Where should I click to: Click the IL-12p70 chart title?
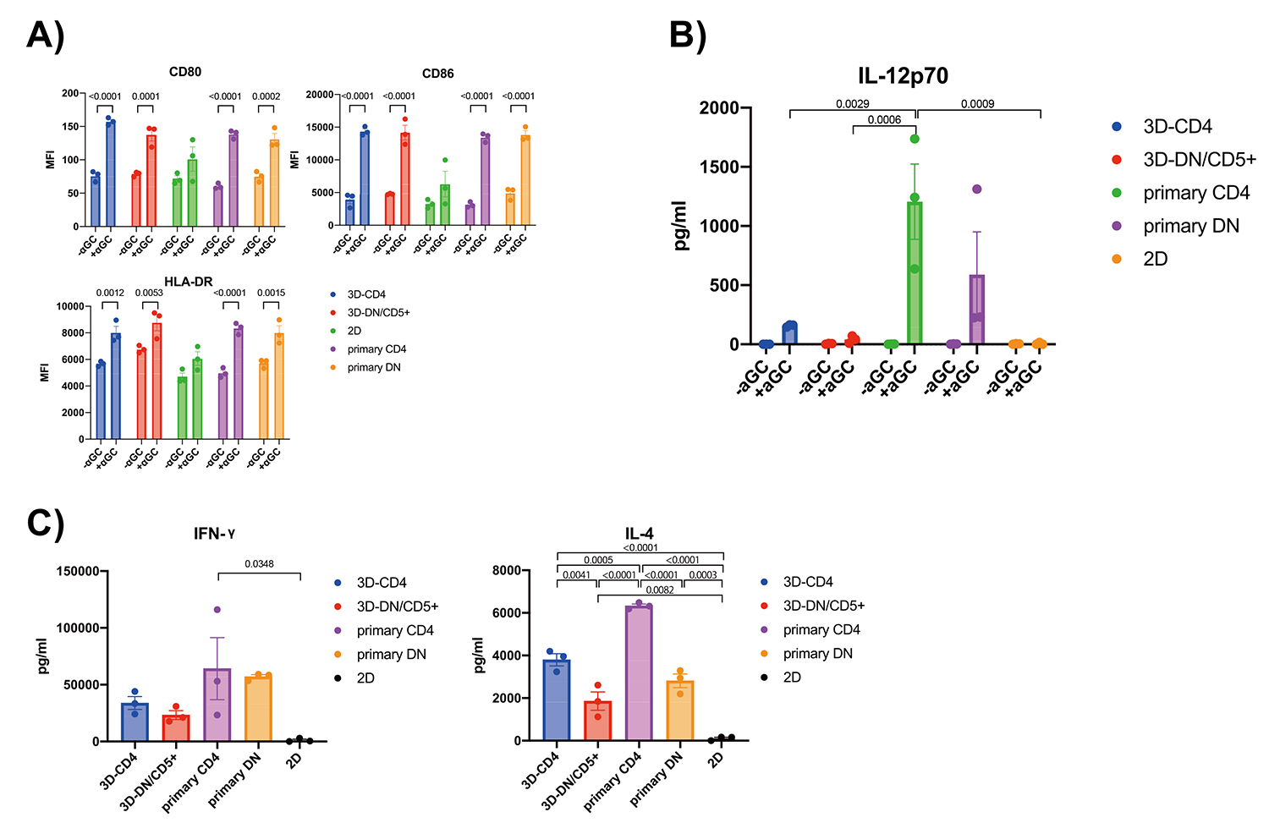903,76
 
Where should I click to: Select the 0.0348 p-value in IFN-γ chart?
259,564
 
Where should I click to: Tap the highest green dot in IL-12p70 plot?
915,139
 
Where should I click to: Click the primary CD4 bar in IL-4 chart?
640,672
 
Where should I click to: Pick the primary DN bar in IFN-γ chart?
258,708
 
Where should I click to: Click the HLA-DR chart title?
188,282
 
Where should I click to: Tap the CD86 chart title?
437,74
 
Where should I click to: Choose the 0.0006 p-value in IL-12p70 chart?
884,120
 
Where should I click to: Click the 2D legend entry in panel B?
1155,259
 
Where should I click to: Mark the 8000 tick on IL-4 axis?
507,570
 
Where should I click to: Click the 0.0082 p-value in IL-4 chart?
660,590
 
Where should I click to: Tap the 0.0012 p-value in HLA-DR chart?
110,294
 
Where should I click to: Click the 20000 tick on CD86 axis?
320,95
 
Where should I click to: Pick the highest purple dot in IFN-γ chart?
217,609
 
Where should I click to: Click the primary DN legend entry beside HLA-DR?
374,367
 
